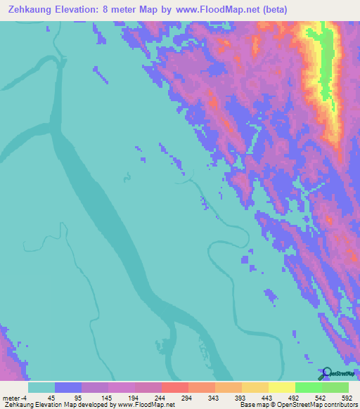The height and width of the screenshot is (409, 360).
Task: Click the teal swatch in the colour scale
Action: pos(41,387)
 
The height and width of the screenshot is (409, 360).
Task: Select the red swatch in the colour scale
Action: pos(174,387)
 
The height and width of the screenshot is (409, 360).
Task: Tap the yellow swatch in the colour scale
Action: pos(281,387)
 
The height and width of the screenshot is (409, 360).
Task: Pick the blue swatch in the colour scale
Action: pos(68,387)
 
